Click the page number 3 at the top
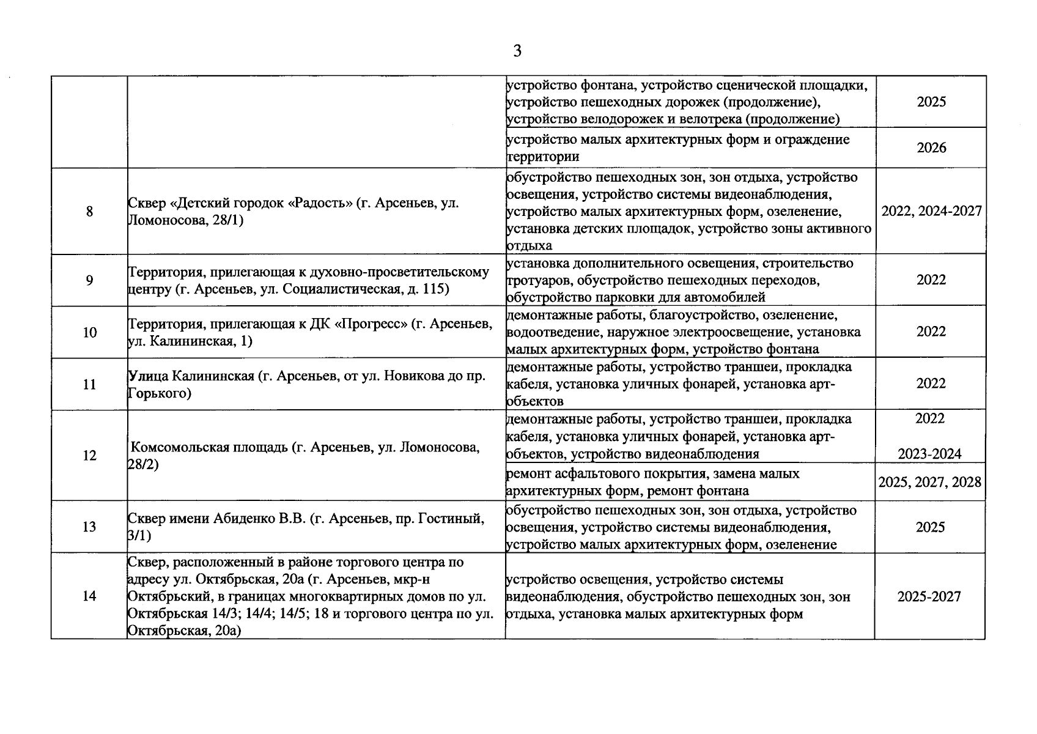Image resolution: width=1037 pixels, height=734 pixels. (x=517, y=51)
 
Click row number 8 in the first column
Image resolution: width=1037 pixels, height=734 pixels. (x=89, y=212)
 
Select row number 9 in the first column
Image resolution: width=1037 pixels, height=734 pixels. (x=89, y=281)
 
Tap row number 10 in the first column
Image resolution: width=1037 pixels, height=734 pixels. (x=89, y=333)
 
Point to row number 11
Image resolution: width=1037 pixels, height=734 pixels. (x=89, y=385)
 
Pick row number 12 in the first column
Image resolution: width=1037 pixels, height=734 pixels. (x=89, y=456)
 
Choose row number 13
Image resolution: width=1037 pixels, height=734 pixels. (x=89, y=527)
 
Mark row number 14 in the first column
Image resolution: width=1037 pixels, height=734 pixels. (x=89, y=596)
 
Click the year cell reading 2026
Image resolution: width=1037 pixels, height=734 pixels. (x=931, y=148)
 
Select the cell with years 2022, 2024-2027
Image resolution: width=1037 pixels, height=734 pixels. (x=931, y=212)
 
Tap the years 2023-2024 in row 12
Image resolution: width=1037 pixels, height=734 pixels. (x=929, y=454)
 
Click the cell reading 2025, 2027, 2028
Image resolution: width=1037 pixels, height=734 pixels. (x=929, y=483)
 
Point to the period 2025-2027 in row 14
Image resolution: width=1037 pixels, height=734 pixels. (x=929, y=596)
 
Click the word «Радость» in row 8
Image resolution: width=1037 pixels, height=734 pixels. (x=320, y=203)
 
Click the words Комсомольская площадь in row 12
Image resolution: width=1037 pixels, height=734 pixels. (x=209, y=447)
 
